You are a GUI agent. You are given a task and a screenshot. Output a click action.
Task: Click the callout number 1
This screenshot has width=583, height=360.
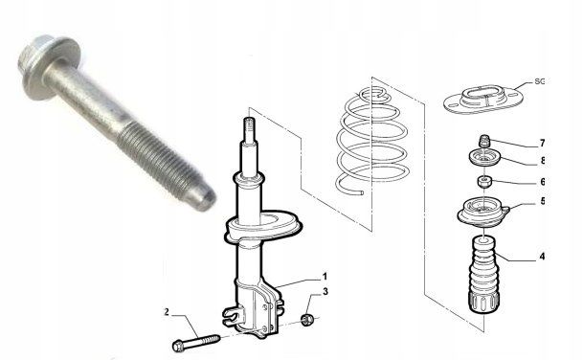pos(325,277)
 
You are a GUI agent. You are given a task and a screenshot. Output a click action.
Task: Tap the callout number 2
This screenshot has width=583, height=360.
pos(167,312)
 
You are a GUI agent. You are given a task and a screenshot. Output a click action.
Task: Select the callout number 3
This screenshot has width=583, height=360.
pos(325,292)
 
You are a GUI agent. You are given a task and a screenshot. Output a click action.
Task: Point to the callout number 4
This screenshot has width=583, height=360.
pos(542,257)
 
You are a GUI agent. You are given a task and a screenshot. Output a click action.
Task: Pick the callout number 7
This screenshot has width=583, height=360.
pos(542,143)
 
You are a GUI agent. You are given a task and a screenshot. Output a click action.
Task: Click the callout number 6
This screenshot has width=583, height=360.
pos(543,182)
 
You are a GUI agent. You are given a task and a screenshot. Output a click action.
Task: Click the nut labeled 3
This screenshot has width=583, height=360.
pos(307,320)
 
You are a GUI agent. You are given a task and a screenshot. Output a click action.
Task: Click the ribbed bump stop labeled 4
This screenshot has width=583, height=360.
pos(484,275)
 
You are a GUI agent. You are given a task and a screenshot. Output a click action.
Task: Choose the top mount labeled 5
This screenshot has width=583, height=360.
pos(482,214)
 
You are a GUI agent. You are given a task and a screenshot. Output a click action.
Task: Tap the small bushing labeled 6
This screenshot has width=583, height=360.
pos(484,182)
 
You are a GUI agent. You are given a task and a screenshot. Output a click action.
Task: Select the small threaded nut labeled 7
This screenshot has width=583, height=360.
pos(484,141)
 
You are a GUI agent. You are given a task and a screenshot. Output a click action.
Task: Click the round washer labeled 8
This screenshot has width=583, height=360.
pos(484,159)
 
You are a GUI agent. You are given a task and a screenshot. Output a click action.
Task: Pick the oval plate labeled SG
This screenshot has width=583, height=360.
pos(483,99)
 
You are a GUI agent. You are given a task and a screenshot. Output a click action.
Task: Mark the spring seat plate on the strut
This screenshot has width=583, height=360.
pos(263,226)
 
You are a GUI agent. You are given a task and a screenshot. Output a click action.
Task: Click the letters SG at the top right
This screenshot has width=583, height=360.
pos(539,81)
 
